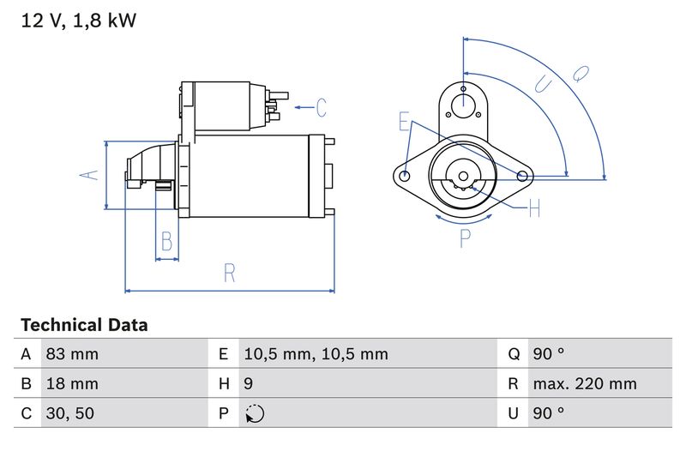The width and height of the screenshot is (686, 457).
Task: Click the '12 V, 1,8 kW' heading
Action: pos(78,21)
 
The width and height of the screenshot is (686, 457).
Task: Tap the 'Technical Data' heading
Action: pos(84,325)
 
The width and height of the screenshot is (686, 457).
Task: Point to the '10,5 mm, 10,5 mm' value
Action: pos(316,354)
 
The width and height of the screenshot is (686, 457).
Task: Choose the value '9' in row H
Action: pos(249,384)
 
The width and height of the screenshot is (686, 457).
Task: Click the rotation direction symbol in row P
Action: pos(255,414)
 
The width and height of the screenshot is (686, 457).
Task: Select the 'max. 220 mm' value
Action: pos(584,384)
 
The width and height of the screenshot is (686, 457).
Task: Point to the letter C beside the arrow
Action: pos(321,107)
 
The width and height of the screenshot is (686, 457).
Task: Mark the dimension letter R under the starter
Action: pos(229,273)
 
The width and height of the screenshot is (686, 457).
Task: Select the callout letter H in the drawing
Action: pos(534,207)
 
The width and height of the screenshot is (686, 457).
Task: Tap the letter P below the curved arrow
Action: pos(465,238)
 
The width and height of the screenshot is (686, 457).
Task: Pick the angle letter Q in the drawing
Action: pos(581,75)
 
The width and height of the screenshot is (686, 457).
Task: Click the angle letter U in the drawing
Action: pos(543,84)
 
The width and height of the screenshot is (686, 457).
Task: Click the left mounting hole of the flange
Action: pos(406,176)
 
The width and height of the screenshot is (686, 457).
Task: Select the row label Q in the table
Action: pos(514,354)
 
